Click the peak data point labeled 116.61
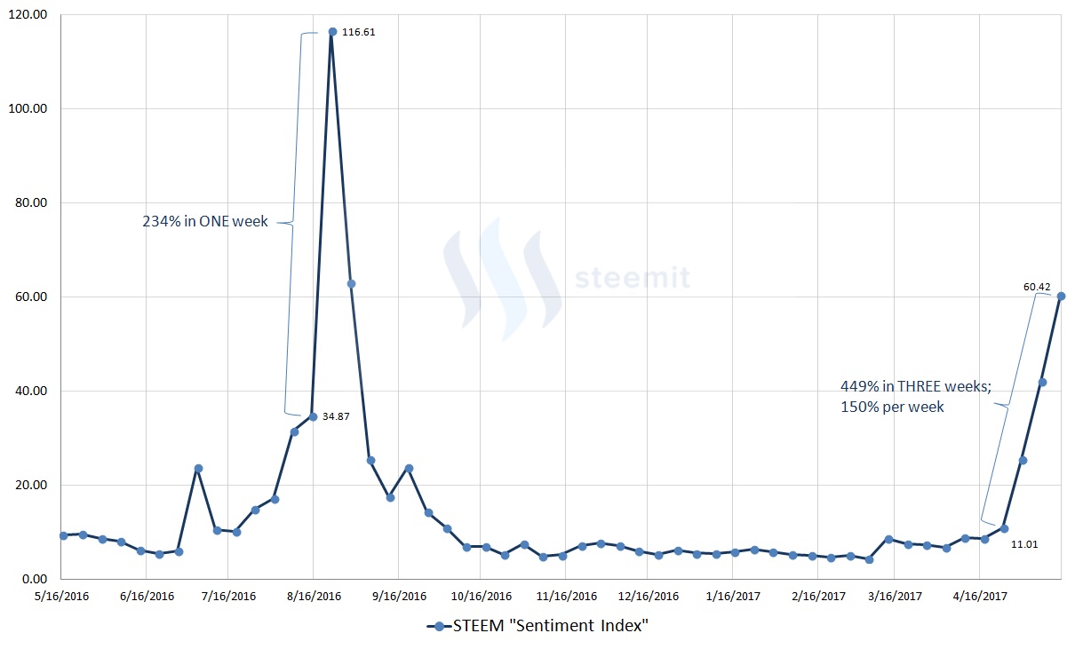(x=332, y=32)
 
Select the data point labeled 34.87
(x=313, y=416)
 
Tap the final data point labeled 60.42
(x=1061, y=297)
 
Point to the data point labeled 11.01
(x=1004, y=528)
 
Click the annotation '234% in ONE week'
(x=205, y=221)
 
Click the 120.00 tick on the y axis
(x=29, y=15)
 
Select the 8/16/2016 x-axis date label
(x=314, y=597)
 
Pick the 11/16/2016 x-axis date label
(x=566, y=597)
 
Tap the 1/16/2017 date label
(x=732, y=597)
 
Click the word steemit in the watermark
(x=632, y=278)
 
